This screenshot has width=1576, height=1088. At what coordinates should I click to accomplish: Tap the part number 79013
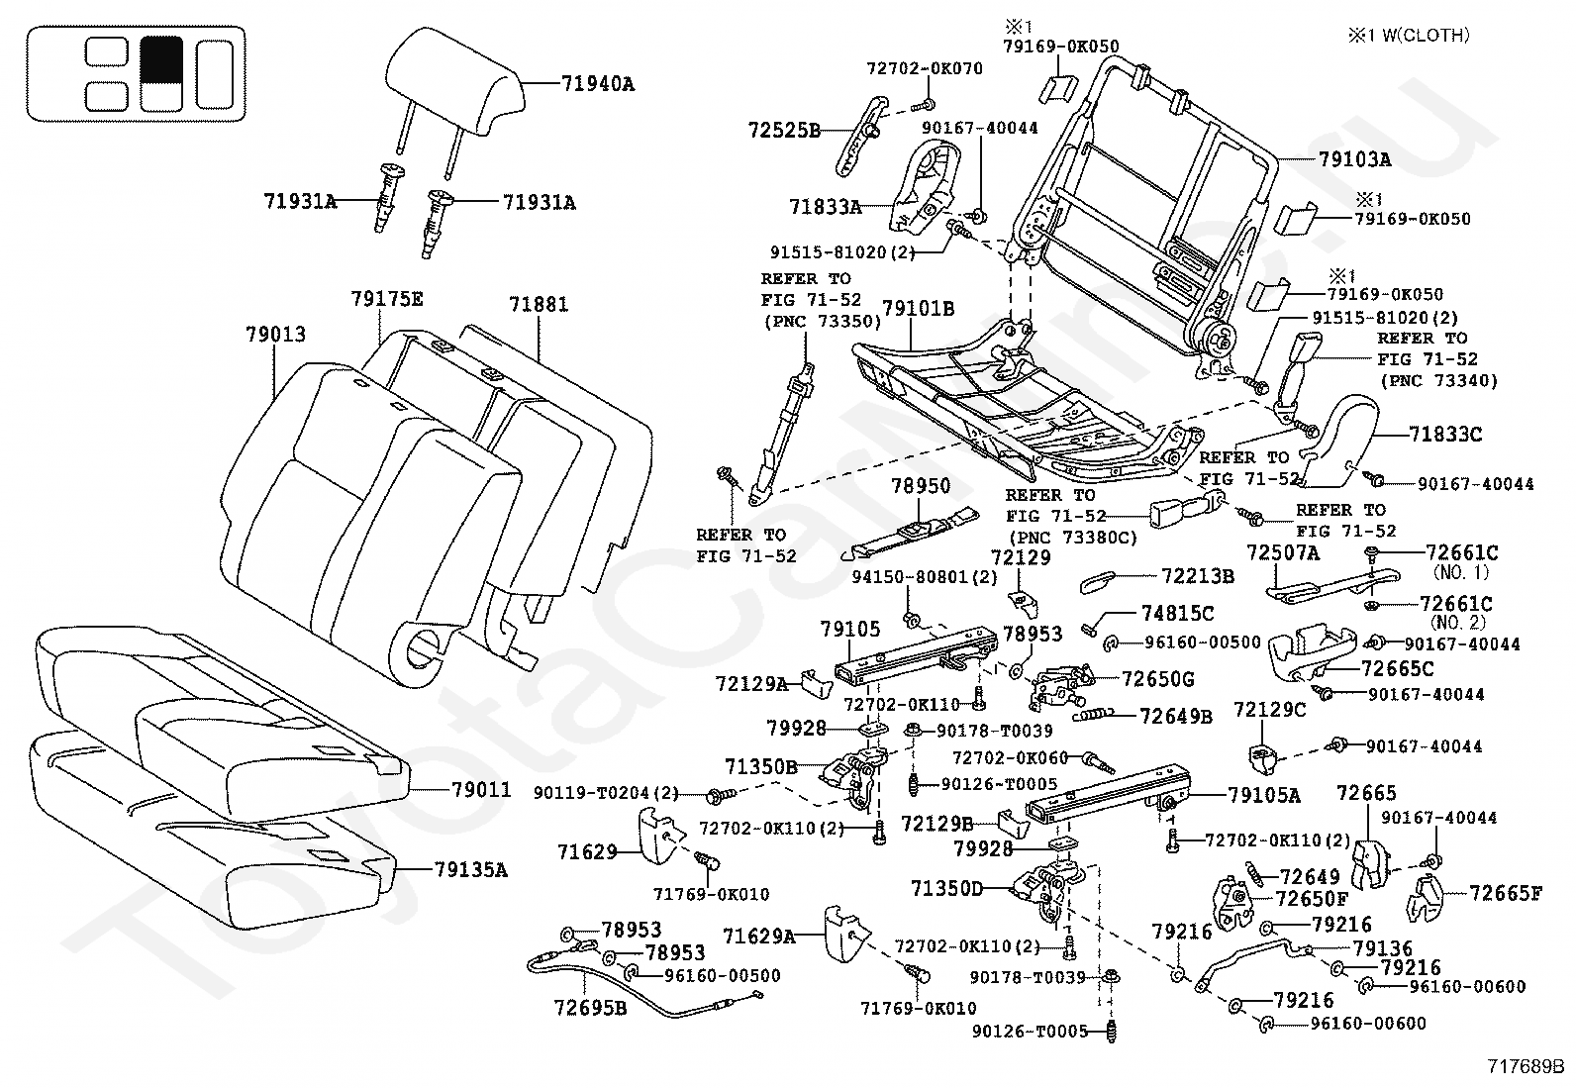(x=276, y=335)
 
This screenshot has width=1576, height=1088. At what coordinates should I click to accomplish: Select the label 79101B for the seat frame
(x=918, y=308)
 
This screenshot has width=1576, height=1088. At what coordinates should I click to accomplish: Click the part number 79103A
(x=1354, y=159)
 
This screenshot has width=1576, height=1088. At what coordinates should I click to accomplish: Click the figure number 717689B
(x=1526, y=1066)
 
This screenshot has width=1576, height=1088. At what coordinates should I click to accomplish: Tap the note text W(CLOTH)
(x=1426, y=36)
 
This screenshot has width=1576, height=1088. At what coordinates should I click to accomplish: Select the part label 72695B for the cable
(x=590, y=1008)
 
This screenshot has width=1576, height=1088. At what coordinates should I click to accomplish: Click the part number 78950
(x=921, y=485)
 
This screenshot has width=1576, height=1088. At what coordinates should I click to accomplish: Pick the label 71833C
(x=1445, y=435)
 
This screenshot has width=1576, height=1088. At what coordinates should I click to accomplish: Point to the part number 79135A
(x=470, y=870)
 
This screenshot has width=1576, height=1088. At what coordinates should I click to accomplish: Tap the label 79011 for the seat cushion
(x=481, y=790)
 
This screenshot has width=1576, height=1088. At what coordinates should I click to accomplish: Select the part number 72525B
(x=784, y=131)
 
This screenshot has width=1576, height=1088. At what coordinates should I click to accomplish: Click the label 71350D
(x=946, y=889)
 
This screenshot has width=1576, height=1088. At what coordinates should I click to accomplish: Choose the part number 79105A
(x=1264, y=795)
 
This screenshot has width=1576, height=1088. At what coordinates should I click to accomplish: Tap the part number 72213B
(x=1198, y=576)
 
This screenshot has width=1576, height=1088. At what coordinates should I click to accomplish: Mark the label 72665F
(x=1506, y=893)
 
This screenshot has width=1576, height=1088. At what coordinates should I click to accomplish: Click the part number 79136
(x=1383, y=948)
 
